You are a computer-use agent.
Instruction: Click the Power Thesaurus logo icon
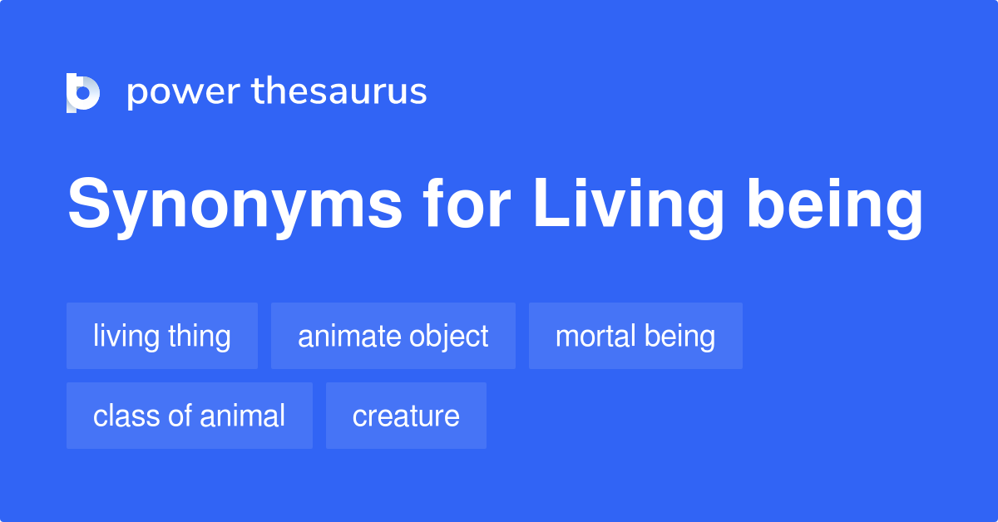coord(83,92)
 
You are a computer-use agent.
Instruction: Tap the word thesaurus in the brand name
coord(339,92)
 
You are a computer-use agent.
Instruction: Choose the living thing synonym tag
coord(162,337)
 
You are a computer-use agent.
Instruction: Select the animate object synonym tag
coord(393,337)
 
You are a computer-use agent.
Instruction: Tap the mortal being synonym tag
coord(635,337)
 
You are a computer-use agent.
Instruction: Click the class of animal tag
coord(190,416)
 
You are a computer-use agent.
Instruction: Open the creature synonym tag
coord(406,416)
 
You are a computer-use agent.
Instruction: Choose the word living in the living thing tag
coord(126,337)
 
